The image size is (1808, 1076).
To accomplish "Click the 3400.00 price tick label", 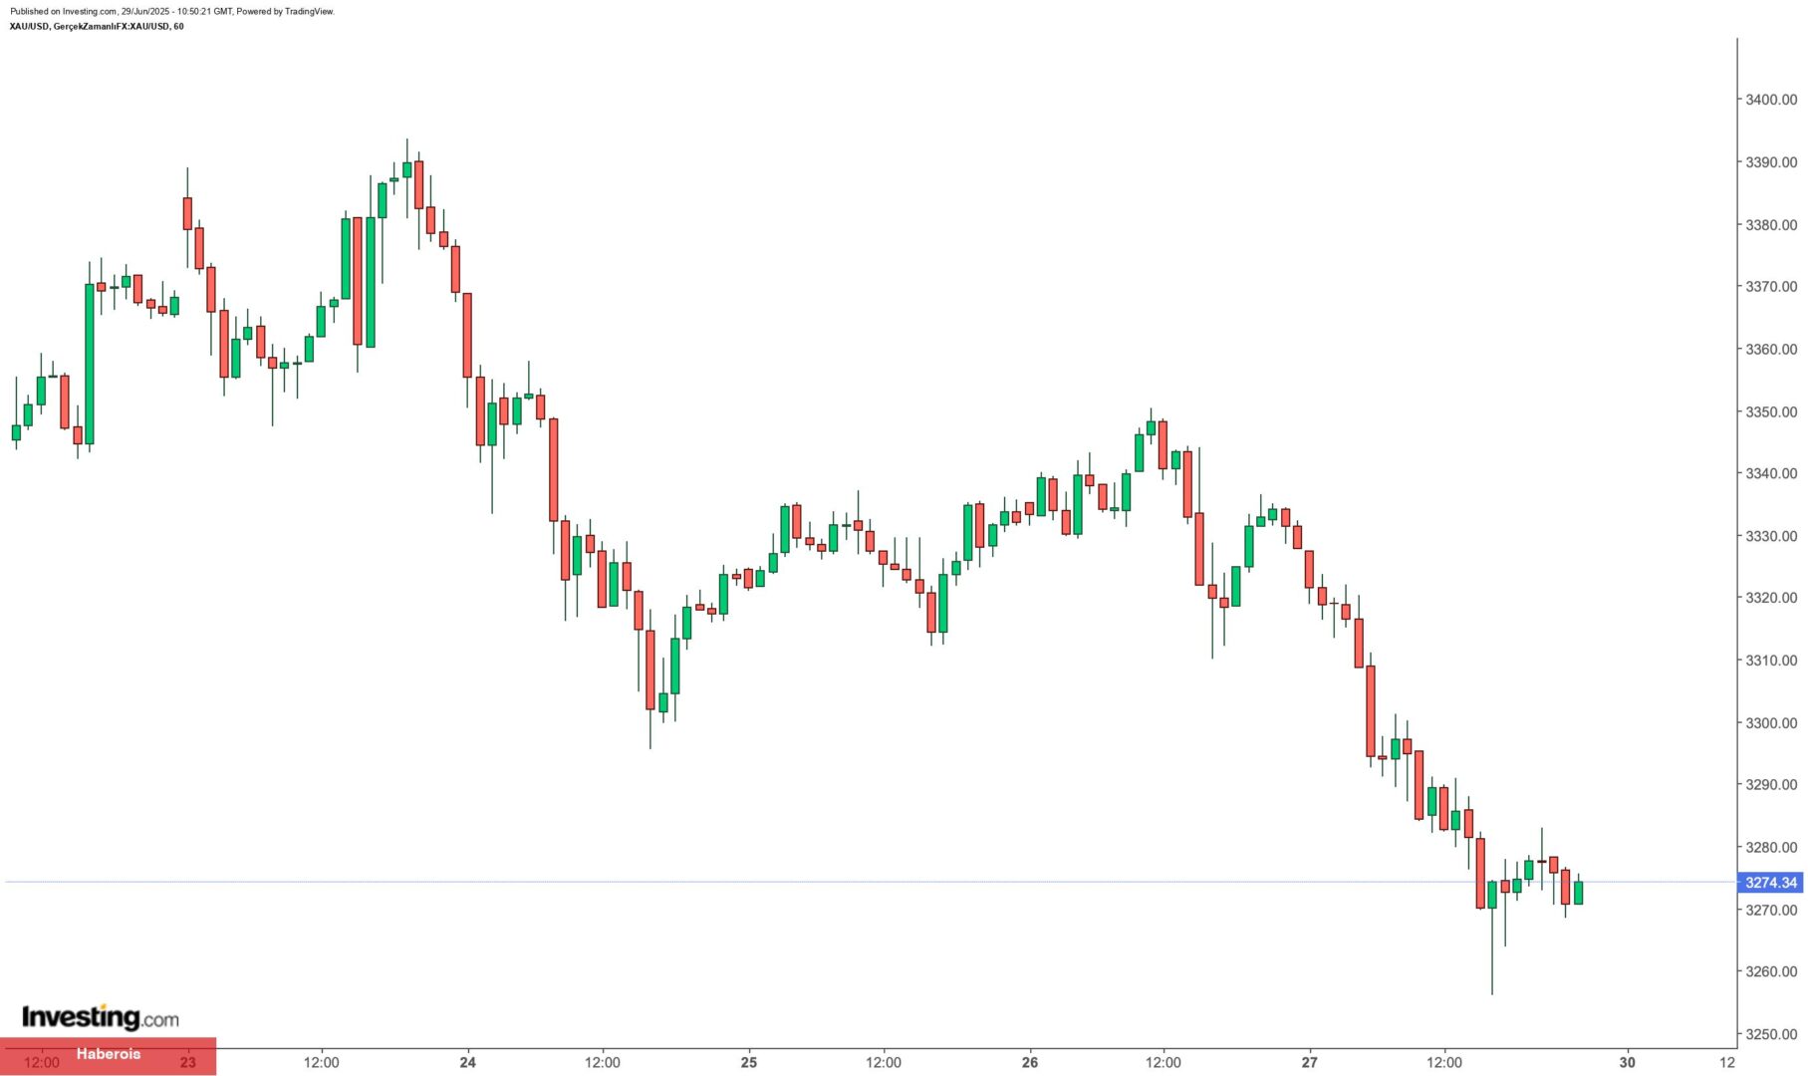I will click(1770, 100).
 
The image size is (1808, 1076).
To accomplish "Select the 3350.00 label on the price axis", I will click(1770, 411).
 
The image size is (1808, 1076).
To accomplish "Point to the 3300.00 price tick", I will click(1770, 723).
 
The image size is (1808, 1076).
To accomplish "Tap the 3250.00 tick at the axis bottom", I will click(1770, 1034).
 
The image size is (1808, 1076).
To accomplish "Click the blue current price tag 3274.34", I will click(1770, 883).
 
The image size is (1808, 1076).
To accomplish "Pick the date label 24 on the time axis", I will click(468, 1062).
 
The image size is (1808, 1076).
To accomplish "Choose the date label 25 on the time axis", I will click(749, 1062).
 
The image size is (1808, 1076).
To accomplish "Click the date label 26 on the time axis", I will click(1030, 1062).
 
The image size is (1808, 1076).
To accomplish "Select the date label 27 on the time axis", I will click(1310, 1062).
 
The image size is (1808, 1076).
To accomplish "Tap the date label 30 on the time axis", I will click(1628, 1062).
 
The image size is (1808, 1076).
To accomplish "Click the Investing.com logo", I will click(101, 1017).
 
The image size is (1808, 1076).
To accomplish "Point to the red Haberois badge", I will click(109, 1054).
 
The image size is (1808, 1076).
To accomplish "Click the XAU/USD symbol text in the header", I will click(29, 27).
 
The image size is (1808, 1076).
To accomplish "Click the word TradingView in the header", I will click(308, 12).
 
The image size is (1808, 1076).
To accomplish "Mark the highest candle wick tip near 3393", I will click(406, 139).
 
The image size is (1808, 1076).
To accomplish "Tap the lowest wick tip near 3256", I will click(1492, 993).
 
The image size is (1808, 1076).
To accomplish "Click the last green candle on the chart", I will click(1578, 893).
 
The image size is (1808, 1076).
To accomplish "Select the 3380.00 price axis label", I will click(1770, 225).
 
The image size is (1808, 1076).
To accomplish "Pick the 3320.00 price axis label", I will click(1770, 598).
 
